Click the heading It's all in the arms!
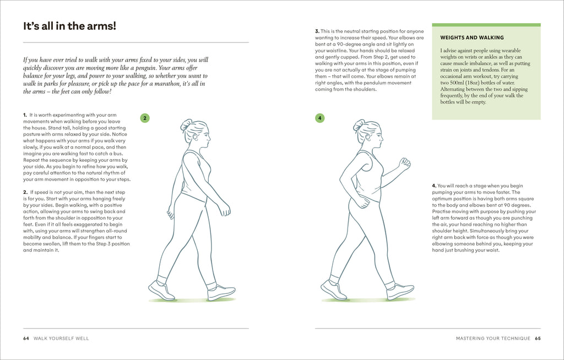point(69,26)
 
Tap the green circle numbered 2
point(145,118)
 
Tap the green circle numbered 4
point(320,118)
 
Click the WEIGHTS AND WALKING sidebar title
point(472,38)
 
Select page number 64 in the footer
point(26,338)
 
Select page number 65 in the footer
point(538,338)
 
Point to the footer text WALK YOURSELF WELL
point(62,338)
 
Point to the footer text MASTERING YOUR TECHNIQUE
point(493,338)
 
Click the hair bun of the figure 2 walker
point(186,125)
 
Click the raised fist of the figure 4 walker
point(405,163)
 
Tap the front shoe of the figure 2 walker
point(221,292)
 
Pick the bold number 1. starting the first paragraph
point(25,115)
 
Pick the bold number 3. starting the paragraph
point(317,31)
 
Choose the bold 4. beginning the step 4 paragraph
point(434,186)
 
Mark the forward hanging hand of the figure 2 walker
point(224,209)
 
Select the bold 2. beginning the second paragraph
point(25,191)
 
